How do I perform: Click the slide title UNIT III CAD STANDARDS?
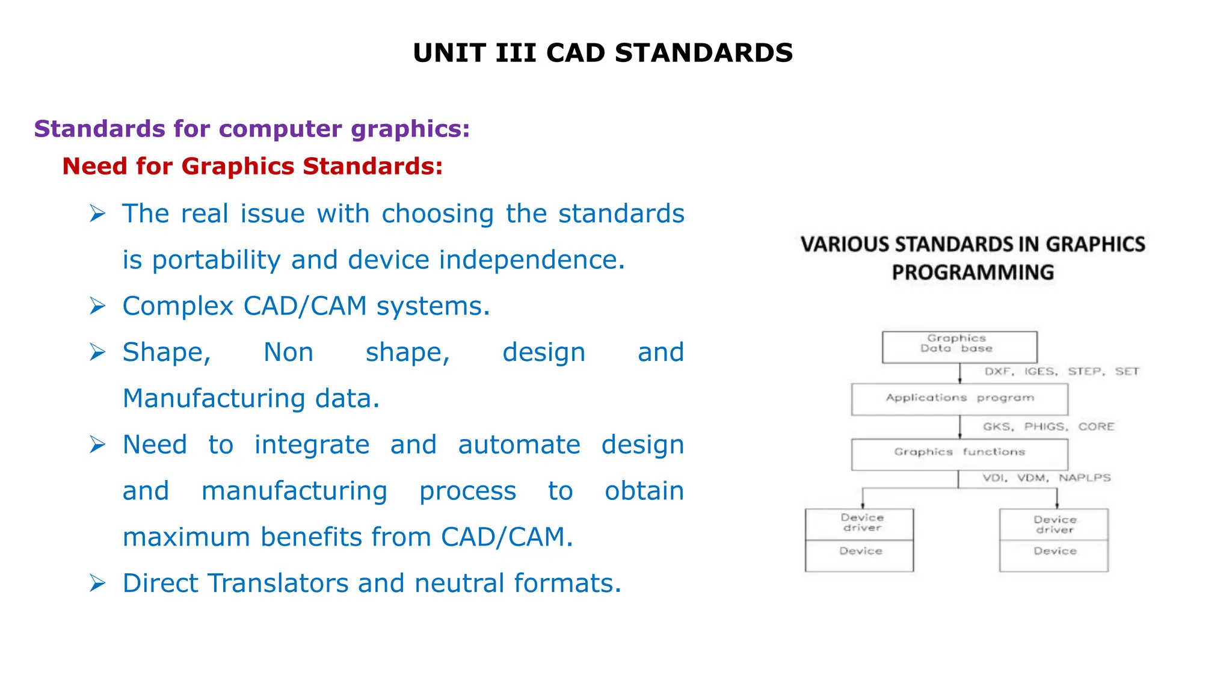pos(603,53)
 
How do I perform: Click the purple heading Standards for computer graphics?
pos(251,129)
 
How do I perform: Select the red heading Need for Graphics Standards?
pos(252,166)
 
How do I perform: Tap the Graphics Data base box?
pos(959,346)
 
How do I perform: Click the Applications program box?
pos(959,399)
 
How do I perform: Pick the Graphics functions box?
pos(959,454)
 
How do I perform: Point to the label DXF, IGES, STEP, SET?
pos(1061,371)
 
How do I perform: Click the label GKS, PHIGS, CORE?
pos(1048,427)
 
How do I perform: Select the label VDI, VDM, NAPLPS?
pos(1046,478)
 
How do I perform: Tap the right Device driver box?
pos(1053,525)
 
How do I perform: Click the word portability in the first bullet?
pos(216,260)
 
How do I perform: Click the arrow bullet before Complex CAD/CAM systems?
pos(97,306)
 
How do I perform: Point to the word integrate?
pos(312,445)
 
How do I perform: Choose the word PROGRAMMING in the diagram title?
pos(973,273)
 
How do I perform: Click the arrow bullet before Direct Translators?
pos(97,583)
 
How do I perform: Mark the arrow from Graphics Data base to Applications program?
pos(959,373)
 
